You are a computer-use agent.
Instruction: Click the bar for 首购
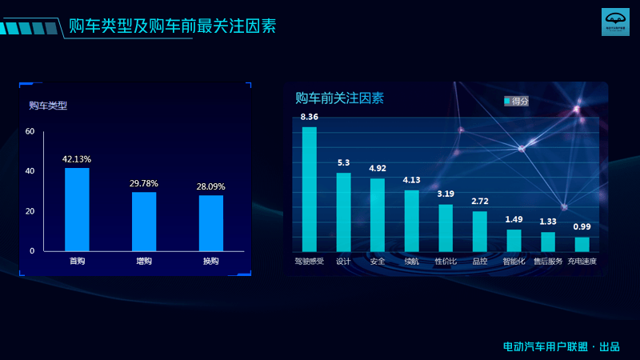coord(77,209)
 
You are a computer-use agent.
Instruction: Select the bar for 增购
coord(144,221)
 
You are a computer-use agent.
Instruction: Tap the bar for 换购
coord(211,222)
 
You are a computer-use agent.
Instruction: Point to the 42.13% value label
coord(77,158)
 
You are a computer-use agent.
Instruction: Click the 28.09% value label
coord(211,186)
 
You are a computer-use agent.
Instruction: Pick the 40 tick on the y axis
coord(30,171)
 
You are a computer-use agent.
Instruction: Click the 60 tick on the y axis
coord(30,131)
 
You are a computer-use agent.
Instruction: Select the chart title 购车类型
coord(48,106)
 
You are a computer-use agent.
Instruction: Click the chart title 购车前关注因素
coord(339,98)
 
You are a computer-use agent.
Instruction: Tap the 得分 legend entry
coord(516,101)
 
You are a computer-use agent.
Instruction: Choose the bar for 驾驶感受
coord(310,189)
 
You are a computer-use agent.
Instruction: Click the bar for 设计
coord(343,212)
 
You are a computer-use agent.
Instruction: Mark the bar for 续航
coord(411,220)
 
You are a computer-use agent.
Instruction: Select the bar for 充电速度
coord(582,244)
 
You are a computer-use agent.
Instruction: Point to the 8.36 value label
coord(310,117)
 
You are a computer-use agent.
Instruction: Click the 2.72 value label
coord(480,201)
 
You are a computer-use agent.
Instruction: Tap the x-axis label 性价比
coord(446,262)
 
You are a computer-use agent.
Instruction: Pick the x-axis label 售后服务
coord(548,262)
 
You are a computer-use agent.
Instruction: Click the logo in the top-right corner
coord(615,22)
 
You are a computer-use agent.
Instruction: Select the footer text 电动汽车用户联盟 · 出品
coord(561,346)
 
